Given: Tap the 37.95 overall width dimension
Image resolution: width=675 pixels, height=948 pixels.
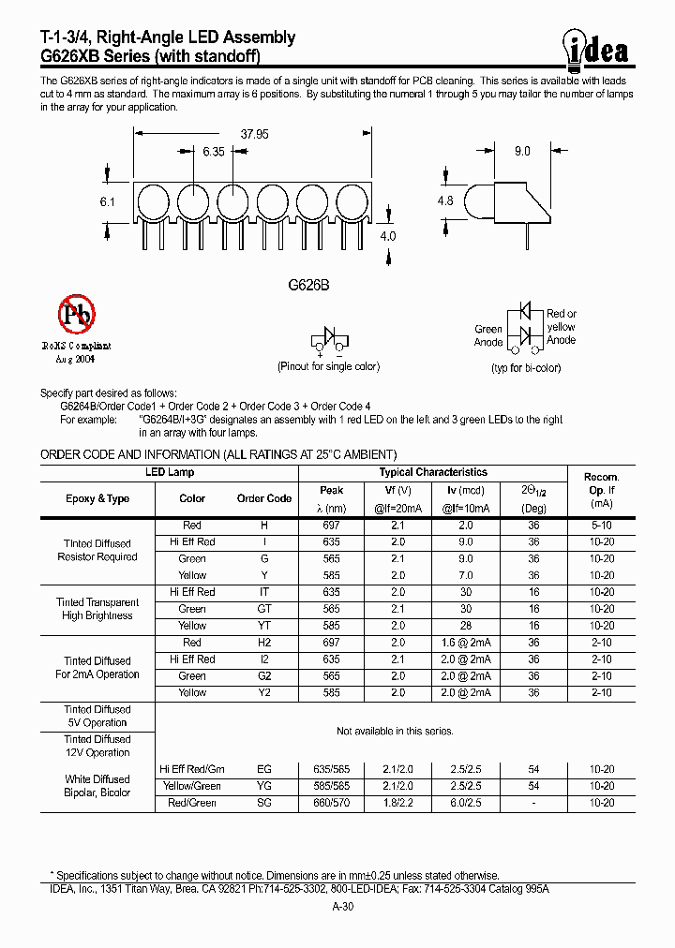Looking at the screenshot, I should (x=254, y=135).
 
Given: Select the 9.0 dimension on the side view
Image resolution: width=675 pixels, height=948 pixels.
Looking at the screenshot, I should (x=522, y=151).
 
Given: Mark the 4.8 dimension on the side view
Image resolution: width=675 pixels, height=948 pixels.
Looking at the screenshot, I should (x=446, y=200).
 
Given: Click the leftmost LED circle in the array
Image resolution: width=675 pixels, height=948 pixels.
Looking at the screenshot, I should (x=152, y=202).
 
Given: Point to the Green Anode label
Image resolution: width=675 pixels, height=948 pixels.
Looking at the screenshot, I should (x=488, y=335).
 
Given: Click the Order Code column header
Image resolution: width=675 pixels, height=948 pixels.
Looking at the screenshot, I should (x=264, y=498).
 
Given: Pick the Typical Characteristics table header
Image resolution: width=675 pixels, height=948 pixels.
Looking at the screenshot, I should (x=433, y=473).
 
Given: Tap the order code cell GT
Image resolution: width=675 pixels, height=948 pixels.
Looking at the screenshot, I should (x=264, y=609).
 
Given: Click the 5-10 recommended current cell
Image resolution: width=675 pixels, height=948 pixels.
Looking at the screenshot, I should (x=601, y=526).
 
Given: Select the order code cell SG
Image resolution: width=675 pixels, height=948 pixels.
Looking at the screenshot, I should (x=264, y=803).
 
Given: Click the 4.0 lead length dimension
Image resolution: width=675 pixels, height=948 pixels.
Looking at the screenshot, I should (x=388, y=236).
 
